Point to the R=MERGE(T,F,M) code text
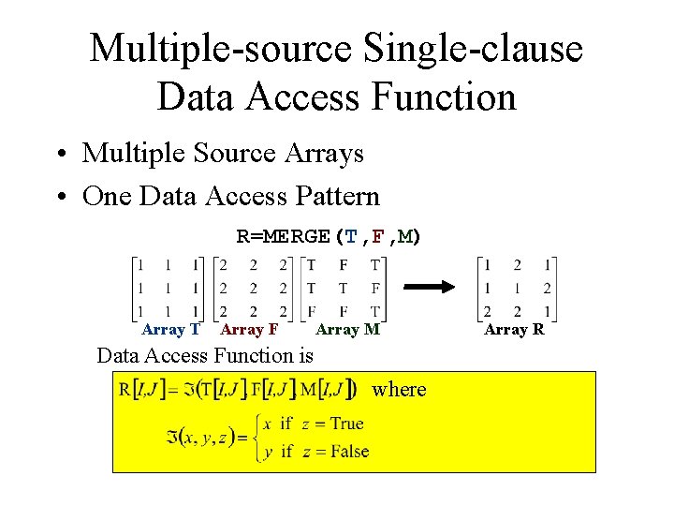pos(329,236)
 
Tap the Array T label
pos(170,329)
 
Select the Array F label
pos(249,329)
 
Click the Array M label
pos(347,329)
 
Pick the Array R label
pos(514,329)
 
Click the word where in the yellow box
pos(399,389)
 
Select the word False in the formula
pos(349,451)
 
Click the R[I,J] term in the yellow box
pos(139,389)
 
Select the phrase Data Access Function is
pos(206,355)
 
